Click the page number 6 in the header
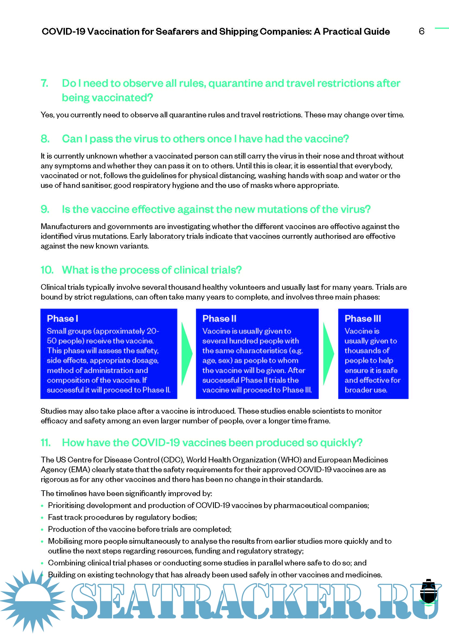(421, 31)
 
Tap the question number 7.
(45, 83)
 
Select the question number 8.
(45, 139)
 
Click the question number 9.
(45, 209)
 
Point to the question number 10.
(47, 270)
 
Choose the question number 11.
(46, 442)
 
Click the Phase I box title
(62, 318)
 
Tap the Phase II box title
(219, 318)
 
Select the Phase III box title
(362, 318)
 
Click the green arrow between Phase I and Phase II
(186, 354)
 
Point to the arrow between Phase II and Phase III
(328, 354)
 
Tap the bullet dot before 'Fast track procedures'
(42, 517)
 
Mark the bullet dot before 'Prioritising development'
(42, 506)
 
